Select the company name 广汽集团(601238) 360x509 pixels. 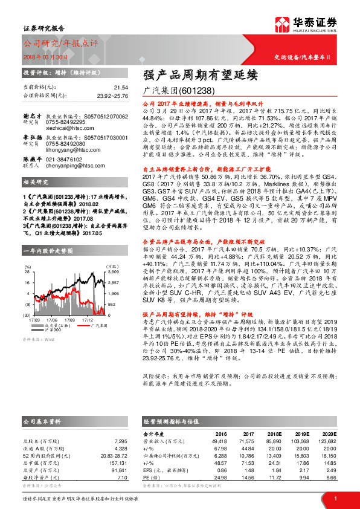[173, 90]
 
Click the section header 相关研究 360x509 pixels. [36, 199]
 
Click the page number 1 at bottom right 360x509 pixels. [335, 498]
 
